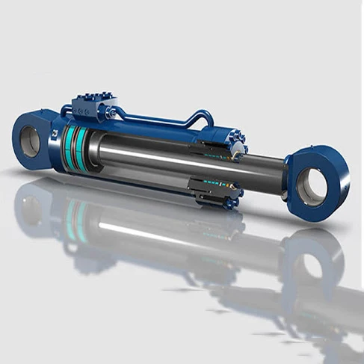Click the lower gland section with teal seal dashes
coord(217,191)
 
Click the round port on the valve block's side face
coord(84,111)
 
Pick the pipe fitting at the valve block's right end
coord(112,112)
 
